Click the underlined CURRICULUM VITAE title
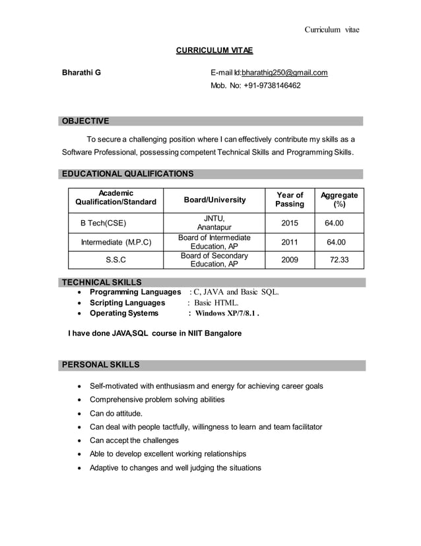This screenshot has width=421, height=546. [x=214, y=50]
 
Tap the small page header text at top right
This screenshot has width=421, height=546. [x=331, y=29]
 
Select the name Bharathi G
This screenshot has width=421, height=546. [x=81, y=73]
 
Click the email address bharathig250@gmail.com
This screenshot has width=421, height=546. [x=284, y=73]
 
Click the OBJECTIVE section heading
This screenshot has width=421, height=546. [x=85, y=121]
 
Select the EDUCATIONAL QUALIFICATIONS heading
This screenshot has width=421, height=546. [x=127, y=174]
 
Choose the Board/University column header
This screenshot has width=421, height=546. [x=214, y=200]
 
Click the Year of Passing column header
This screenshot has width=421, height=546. [x=290, y=200]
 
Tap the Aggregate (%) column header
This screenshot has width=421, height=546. [x=339, y=200]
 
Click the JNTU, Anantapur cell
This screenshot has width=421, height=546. [x=214, y=223]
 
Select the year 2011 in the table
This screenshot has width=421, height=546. [x=290, y=242]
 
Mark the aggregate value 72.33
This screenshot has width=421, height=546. [x=339, y=260]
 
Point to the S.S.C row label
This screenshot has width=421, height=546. [x=116, y=260]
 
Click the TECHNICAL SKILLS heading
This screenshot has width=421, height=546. [x=101, y=282]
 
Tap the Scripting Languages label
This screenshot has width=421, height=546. [x=127, y=303]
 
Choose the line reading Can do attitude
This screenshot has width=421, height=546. [x=115, y=413]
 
